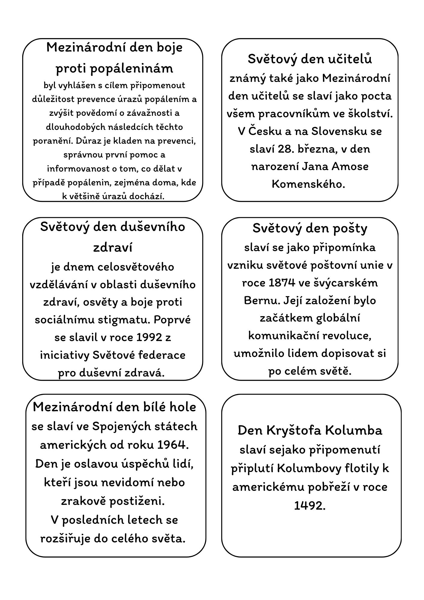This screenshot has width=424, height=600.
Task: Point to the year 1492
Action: coord(310,506)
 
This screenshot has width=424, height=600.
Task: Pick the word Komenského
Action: coord(309,184)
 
